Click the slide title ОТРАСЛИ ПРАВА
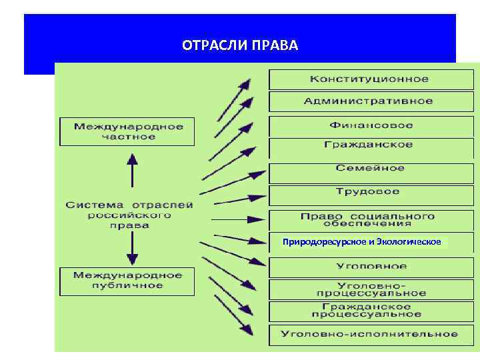click(240, 46)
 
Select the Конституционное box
click(369, 79)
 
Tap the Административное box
click(369, 101)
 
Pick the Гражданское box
click(369, 145)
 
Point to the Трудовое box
click(368, 192)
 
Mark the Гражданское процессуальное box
click(369, 310)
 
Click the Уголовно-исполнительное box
click(369, 334)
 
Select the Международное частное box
click(128, 131)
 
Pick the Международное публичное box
click(128, 280)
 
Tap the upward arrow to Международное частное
click(132, 169)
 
